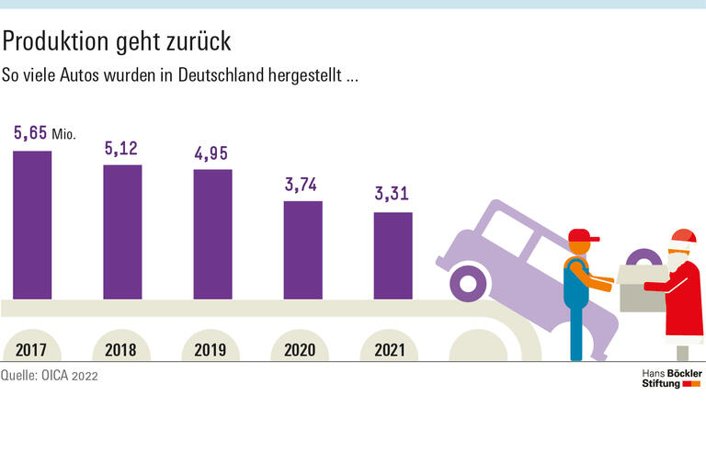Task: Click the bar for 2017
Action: pos(32,225)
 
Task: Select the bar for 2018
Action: pos(122,231)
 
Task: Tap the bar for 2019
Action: pos(212,234)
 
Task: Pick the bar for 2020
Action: pos(302,250)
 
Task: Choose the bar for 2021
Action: pos(393,255)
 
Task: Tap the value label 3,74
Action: pos(302,185)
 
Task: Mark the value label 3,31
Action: pos(393,195)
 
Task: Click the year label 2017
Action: pos(32,350)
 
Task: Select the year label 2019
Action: pos(212,350)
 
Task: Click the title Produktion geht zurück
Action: pos(116,41)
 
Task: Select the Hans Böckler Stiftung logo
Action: pos(670,378)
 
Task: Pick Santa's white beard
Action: pos(677,260)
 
